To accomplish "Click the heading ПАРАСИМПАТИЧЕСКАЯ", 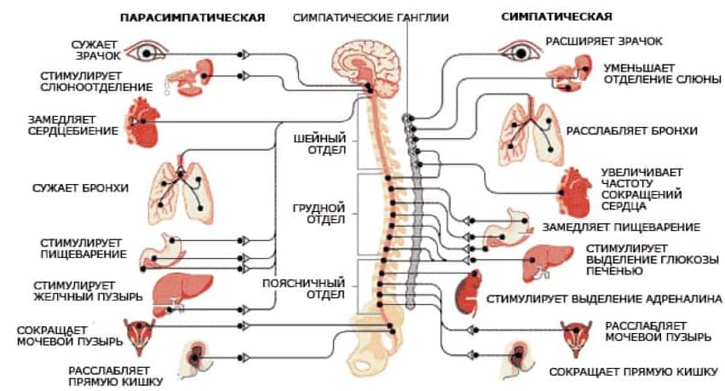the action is [x=193, y=18].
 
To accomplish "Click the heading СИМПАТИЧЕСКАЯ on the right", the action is [x=556, y=17].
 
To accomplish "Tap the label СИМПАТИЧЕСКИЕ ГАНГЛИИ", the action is [x=371, y=18].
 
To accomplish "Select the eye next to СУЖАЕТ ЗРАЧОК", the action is [x=147, y=52].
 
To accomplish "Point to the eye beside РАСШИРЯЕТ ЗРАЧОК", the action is [x=520, y=52].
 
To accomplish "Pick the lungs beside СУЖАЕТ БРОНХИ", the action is [x=181, y=188].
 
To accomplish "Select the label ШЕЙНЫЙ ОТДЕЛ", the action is [x=320, y=144].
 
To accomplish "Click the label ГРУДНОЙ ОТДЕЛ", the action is [x=319, y=214].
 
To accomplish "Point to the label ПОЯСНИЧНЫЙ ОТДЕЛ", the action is [x=304, y=289].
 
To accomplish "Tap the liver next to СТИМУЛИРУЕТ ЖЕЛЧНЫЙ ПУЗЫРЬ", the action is [x=181, y=295].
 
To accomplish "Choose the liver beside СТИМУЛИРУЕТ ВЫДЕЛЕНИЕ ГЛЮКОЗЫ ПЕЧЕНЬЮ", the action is [x=548, y=263].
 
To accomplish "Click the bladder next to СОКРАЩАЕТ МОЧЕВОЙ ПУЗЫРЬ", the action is [x=139, y=335].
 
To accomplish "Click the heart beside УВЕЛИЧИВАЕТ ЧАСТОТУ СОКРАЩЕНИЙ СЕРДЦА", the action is [x=574, y=193].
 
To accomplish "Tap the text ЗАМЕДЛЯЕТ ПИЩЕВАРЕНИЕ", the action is [x=621, y=227].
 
